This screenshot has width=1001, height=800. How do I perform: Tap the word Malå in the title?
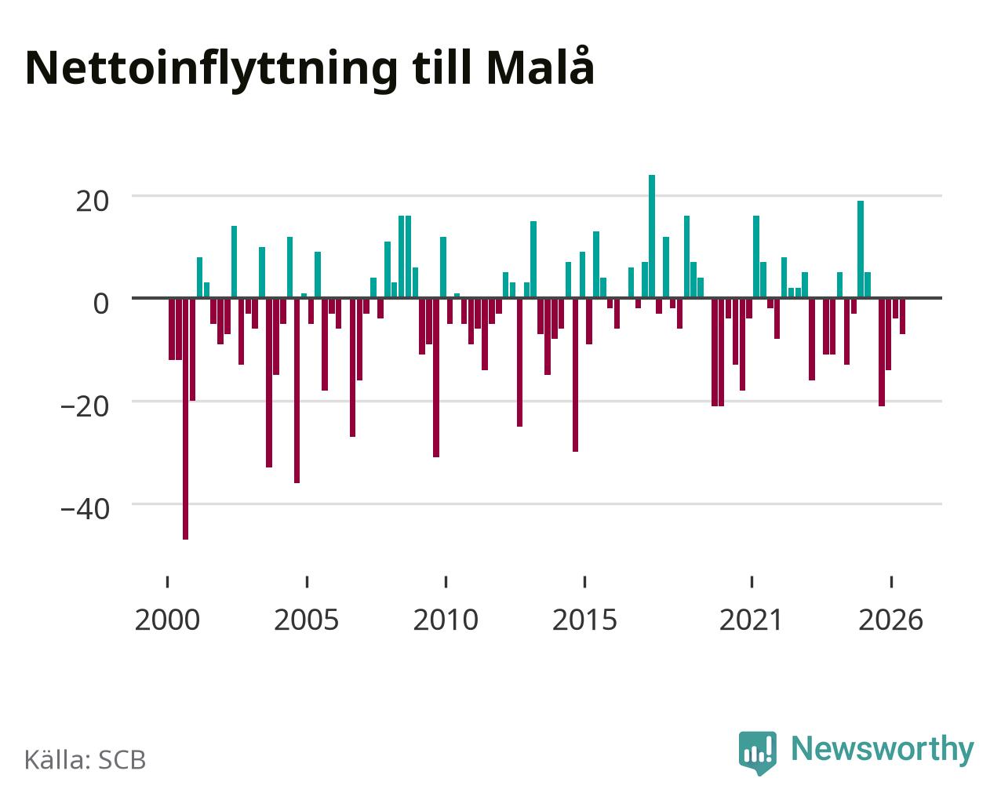click(x=540, y=66)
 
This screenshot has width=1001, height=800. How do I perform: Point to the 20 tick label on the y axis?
click(x=92, y=202)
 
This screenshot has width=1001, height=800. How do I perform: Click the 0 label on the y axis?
click(x=101, y=304)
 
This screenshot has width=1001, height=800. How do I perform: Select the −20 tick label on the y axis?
click(x=85, y=406)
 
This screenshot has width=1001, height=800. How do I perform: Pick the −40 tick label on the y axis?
click(x=85, y=509)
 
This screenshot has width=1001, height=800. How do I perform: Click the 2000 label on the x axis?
click(x=167, y=620)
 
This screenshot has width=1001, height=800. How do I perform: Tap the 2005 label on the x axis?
click(x=306, y=620)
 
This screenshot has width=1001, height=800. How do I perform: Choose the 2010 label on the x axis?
click(x=446, y=620)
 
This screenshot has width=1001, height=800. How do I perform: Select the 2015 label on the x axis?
click(x=584, y=620)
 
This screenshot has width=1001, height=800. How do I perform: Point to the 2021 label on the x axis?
click(x=752, y=620)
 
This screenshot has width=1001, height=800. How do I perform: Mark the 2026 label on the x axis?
click(x=890, y=620)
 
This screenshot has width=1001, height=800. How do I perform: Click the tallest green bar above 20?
click(x=652, y=236)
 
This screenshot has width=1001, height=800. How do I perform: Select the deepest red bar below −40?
click(x=186, y=419)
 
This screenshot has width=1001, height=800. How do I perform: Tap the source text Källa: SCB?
click(x=86, y=760)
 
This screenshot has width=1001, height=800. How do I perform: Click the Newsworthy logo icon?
click(x=757, y=753)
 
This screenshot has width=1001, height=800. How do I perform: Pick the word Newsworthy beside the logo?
click(x=883, y=749)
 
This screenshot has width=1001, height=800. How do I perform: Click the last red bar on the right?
click(x=902, y=316)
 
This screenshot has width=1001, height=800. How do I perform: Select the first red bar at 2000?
click(x=172, y=329)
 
